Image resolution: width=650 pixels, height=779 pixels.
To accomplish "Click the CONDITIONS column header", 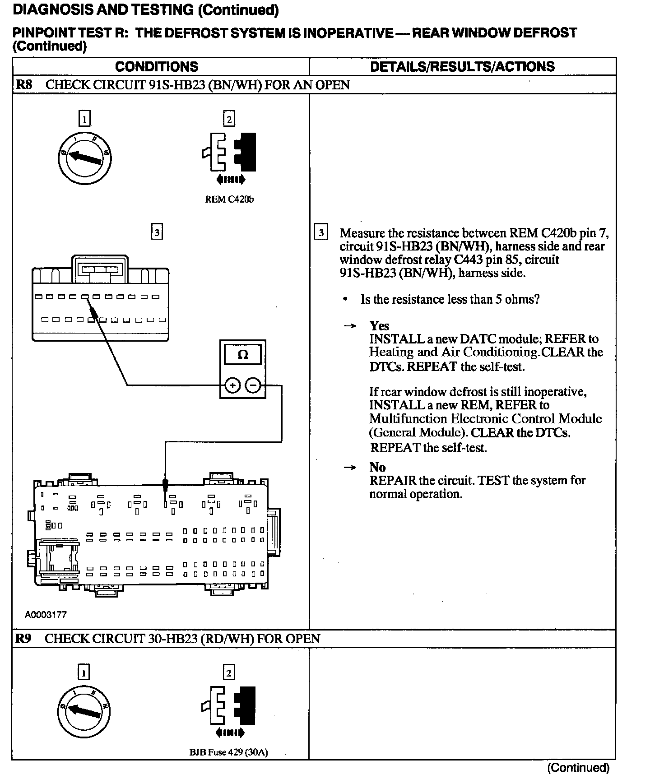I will (x=157, y=67).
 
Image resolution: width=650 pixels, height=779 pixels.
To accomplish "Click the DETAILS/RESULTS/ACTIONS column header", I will (x=462, y=67).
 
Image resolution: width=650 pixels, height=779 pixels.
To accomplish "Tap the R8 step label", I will (x=24, y=85).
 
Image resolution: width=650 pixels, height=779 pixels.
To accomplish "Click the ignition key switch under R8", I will (x=85, y=158).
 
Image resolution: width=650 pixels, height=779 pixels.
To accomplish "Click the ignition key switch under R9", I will (x=84, y=711).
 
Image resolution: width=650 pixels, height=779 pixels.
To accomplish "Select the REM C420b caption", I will (x=229, y=199).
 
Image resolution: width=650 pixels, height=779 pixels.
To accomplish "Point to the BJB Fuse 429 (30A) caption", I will (x=228, y=752).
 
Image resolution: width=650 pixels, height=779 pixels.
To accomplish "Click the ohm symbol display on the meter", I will (x=242, y=355).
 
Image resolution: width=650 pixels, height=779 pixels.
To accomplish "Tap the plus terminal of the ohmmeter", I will (x=232, y=385).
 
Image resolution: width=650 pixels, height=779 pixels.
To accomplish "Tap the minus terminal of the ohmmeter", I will (x=253, y=385).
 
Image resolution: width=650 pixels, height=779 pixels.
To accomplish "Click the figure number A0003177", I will (x=46, y=615).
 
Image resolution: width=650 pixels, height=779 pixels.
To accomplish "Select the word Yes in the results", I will (x=379, y=326).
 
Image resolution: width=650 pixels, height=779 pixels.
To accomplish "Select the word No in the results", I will (x=377, y=467).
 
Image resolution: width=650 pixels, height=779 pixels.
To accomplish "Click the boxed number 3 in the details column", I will (x=321, y=233).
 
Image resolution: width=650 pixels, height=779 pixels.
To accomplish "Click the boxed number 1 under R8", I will (x=84, y=119).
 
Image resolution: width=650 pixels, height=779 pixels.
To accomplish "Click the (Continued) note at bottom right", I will (x=578, y=768).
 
